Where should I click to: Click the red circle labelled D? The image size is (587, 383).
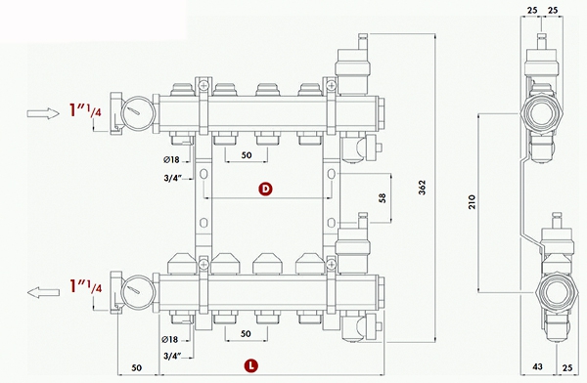pos(265,189)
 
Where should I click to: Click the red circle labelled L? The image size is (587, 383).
pos(251,365)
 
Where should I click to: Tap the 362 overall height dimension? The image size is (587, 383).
pos(422,188)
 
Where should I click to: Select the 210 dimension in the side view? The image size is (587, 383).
pos(472,202)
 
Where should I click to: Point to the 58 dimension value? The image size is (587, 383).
pos(383,198)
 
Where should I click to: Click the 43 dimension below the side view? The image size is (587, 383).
pos(537,366)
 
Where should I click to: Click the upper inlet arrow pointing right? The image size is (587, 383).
pos(43,113)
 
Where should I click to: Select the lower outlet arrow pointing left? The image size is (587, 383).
pos(43,292)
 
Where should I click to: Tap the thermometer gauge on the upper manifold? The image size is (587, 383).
pos(138,113)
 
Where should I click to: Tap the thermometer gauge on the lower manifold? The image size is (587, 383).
pos(138,292)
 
